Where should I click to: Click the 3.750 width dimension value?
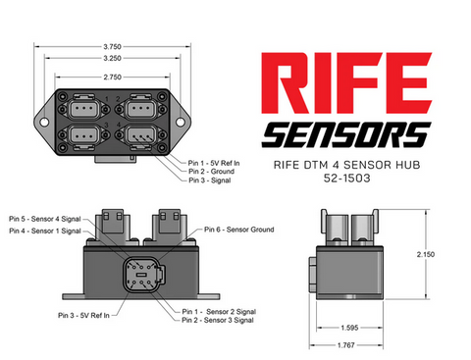112,47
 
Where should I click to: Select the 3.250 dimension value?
112,58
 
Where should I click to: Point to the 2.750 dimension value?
112,77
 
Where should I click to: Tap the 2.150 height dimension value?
426,254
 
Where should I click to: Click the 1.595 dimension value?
349,328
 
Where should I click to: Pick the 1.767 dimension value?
346,345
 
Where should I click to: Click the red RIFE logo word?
346,83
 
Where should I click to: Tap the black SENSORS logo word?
346,134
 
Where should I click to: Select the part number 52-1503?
346,179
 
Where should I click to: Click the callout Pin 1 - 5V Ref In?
214,163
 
